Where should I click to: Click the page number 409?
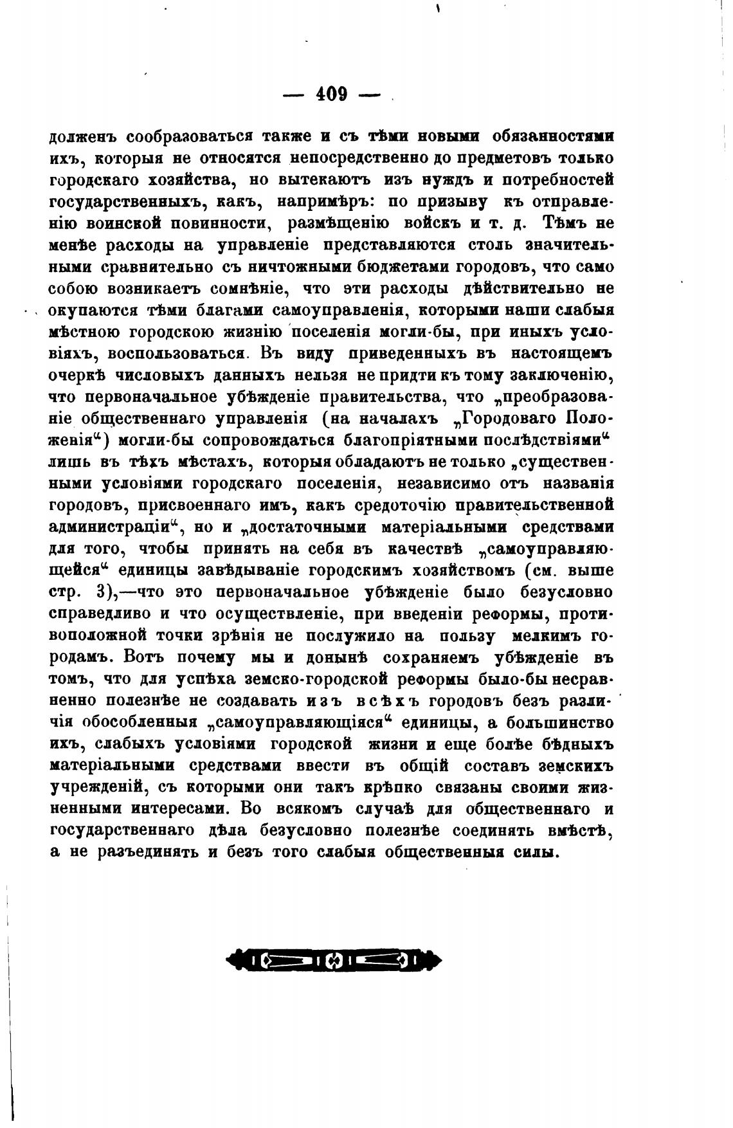332,95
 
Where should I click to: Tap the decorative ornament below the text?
334,961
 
